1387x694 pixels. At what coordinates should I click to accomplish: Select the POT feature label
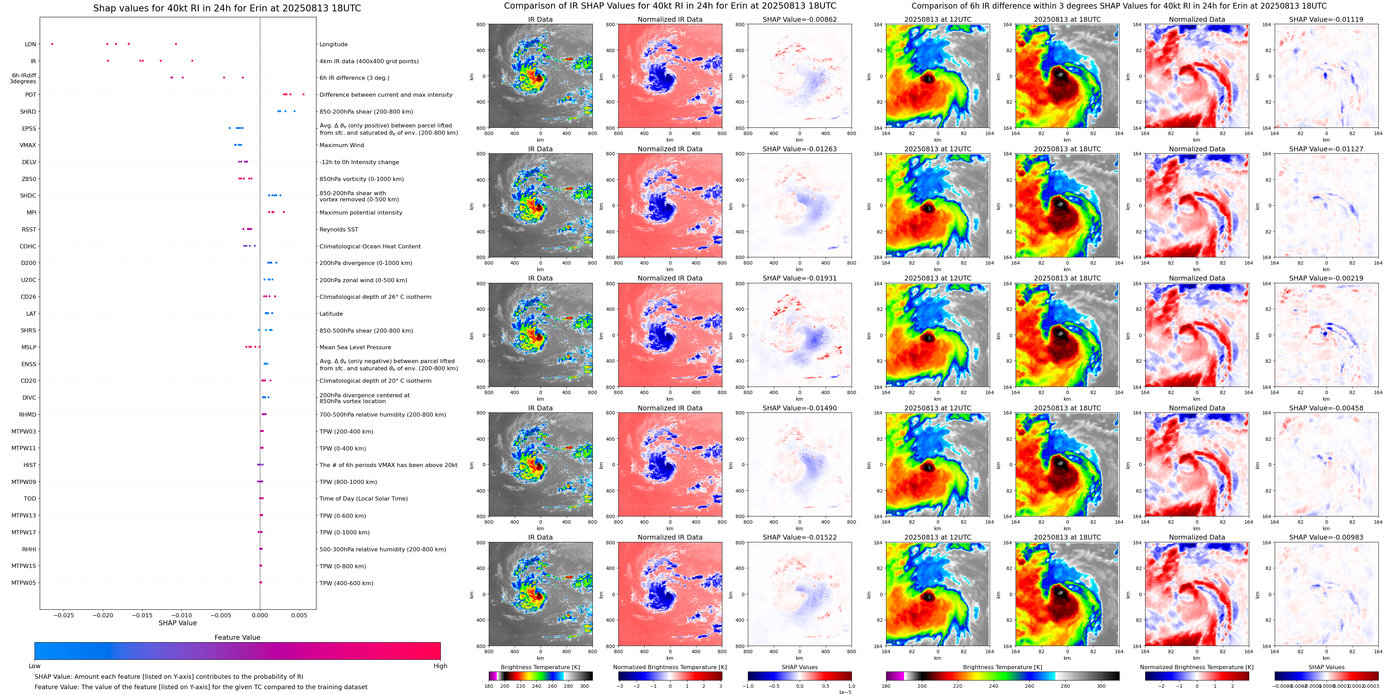(31, 95)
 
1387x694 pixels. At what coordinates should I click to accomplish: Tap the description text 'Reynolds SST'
(339, 229)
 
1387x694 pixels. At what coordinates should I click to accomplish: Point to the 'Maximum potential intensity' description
(361, 213)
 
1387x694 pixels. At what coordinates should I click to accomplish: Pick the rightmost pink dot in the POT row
(303, 95)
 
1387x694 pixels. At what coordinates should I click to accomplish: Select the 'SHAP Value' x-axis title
(178, 623)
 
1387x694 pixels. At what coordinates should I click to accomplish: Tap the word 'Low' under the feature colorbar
(35, 666)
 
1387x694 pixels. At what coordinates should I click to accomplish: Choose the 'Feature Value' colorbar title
(237, 637)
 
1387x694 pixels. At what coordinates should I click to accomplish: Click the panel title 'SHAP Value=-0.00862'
(800, 19)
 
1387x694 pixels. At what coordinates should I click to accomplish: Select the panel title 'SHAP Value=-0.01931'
(800, 278)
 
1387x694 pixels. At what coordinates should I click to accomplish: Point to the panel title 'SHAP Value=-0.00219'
(1326, 278)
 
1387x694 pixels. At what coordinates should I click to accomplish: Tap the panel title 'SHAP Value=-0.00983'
(1326, 537)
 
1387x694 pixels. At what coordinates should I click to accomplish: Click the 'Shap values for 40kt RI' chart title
(227, 8)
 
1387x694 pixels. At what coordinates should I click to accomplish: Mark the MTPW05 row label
(24, 583)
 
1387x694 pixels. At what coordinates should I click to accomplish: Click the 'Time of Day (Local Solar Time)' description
(363, 498)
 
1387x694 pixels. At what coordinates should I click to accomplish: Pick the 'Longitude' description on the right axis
(333, 45)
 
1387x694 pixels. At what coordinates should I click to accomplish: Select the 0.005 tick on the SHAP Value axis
(299, 615)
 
